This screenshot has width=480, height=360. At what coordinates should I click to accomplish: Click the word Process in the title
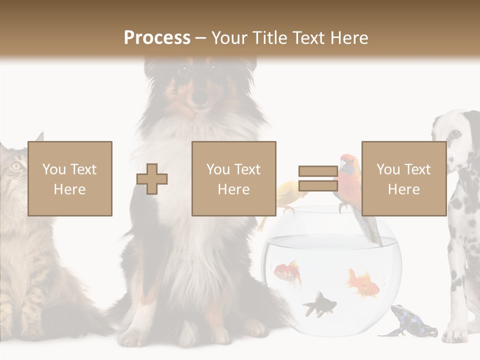click(x=157, y=37)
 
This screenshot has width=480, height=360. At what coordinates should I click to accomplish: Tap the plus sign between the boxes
click(x=152, y=178)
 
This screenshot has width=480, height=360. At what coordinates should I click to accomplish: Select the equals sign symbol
click(x=318, y=178)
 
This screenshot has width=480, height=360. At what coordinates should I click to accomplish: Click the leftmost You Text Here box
click(x=70, y=178)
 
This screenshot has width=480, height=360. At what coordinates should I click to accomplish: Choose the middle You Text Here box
click(x=234, y=178)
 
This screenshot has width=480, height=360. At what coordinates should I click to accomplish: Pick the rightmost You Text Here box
click(x=404, y=178)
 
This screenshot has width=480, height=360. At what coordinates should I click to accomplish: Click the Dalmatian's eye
click(x=455, y=133)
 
